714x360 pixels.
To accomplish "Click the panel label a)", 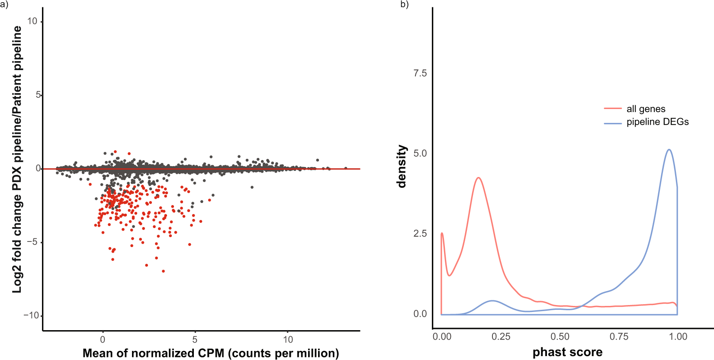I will pos(4,6).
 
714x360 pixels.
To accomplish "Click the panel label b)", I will pos(404,5).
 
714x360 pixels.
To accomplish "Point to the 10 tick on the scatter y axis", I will pos(32,21).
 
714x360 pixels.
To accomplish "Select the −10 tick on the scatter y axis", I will pos(31,315).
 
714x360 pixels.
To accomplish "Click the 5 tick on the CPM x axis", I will pos(195,340).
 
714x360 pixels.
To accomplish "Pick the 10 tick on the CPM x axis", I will pos(288,340).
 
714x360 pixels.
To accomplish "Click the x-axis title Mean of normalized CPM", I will pos(211,353).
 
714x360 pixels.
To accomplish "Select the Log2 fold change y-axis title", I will pos(17,159).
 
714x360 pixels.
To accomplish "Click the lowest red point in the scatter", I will pos(163,271).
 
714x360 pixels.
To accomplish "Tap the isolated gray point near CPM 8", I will pos(252,187).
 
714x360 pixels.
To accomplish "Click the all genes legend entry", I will pos(646,109).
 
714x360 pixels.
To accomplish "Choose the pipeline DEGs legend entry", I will pos(657,122).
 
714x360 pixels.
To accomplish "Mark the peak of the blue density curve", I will pos(669,150).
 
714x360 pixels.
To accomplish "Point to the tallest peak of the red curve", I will pos(478,178).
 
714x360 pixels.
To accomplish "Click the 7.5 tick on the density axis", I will pos(420,73).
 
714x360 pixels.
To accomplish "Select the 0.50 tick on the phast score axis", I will pos(560,337).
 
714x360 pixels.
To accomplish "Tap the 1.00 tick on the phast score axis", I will pos(678,337).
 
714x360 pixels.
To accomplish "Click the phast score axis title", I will pos(567,352).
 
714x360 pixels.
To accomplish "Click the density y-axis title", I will pos(402,166).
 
